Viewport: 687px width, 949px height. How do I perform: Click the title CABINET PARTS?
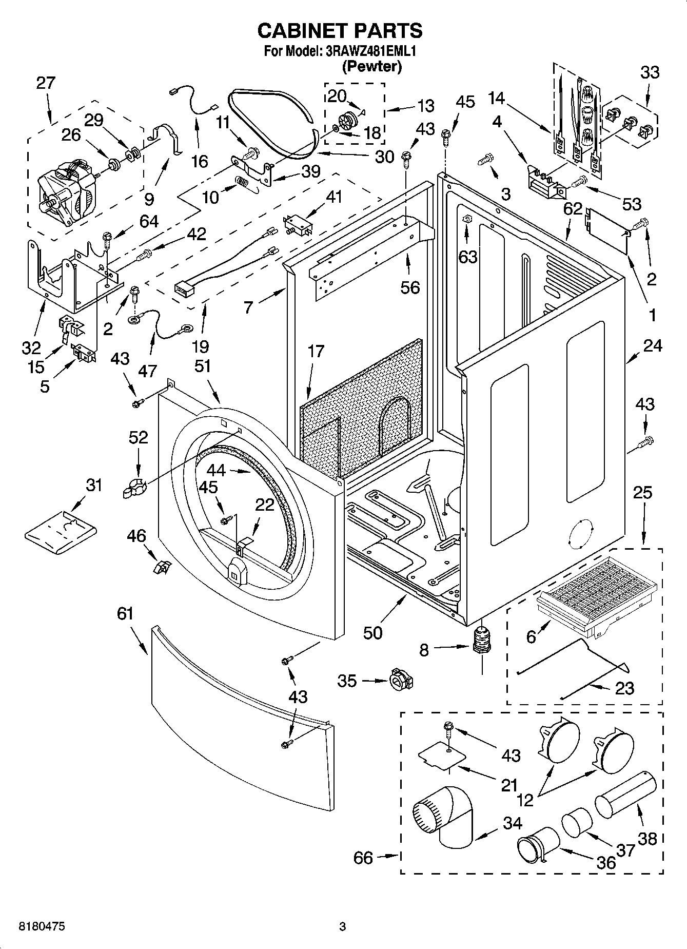click(340, 30)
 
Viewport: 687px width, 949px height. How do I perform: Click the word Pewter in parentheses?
click(371, 66)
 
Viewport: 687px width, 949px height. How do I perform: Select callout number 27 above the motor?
click(45, 83)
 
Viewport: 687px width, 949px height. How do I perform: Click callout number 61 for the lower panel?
click(125, 613)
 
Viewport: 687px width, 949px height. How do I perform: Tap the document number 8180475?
click(41, 926)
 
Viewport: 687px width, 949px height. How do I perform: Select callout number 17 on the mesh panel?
click(316, 352)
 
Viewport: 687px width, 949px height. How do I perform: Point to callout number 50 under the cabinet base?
click(373, 632)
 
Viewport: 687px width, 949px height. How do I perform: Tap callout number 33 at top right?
click(650, 72)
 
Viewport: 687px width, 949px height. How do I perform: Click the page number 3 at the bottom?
click(342, 926)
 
